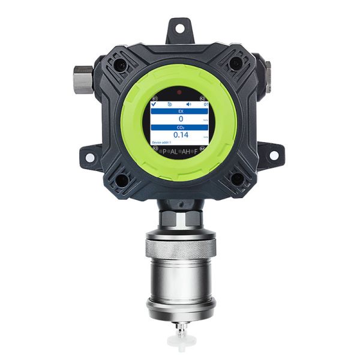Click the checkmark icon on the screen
click(x=155, y=103)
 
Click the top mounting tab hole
click(x=179, y=27)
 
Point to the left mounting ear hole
click(x=88, y=157)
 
